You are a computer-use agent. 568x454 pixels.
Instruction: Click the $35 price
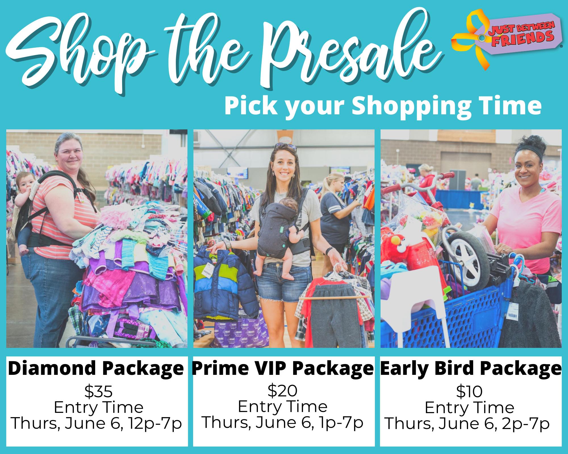99,392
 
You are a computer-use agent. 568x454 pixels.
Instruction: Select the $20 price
283,390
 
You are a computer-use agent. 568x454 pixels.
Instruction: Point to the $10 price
469,392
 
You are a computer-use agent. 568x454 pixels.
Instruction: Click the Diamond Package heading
96,368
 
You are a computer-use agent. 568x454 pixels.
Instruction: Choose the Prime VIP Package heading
283,368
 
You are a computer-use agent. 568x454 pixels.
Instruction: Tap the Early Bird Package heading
471,368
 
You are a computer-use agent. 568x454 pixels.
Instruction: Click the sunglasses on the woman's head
285,146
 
